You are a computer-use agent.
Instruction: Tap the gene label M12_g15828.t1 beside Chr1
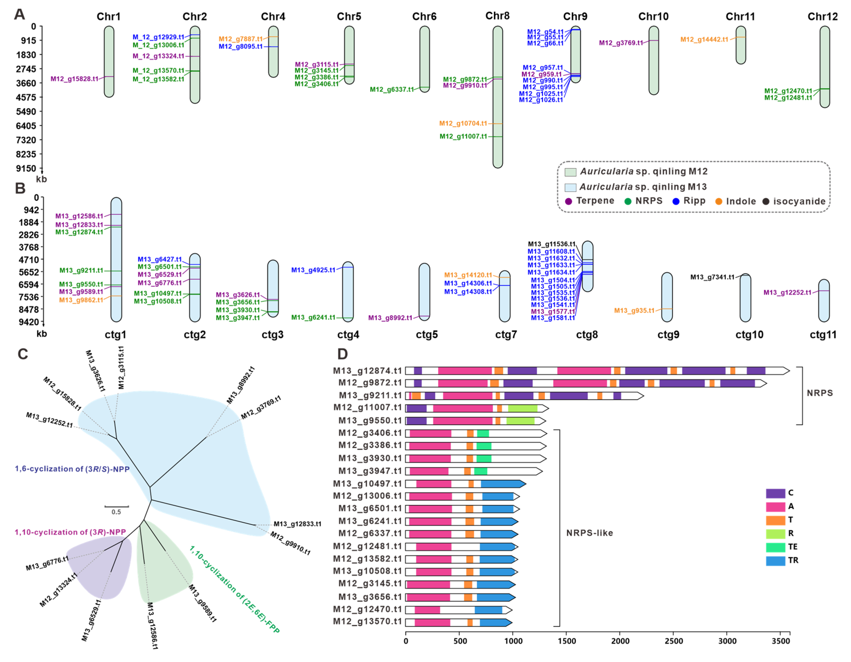point(74,79)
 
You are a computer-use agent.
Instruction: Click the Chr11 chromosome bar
point(741,45)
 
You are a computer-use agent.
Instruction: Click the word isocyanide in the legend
point(799,201)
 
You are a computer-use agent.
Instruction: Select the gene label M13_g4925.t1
point(313,270)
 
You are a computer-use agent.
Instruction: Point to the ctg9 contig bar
point(667,297)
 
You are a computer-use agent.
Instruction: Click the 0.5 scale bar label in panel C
point(116,512)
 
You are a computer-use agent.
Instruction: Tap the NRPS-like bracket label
point(589,533)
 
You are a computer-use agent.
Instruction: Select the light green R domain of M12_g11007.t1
point(522,408)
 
